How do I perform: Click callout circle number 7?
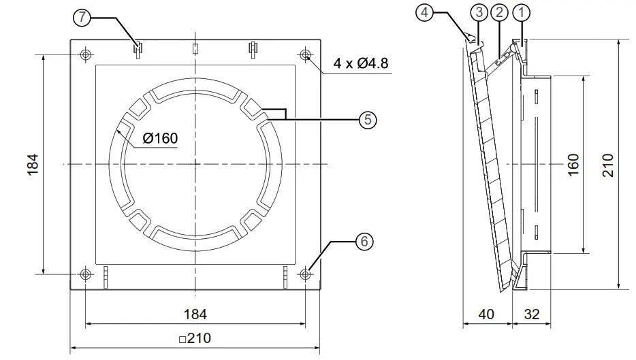(x=82, y=18)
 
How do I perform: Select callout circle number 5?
(x=366, y=120)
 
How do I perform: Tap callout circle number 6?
(x=365, y=241)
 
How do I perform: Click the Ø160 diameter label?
(x=160, y=139)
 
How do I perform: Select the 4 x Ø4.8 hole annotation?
(x=361, y=65)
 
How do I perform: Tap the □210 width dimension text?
(x=195, y=338)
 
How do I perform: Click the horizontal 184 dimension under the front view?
(x=195, y=314)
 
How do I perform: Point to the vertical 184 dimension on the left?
(x=33, y=164)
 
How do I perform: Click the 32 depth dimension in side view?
(x=532, y=314)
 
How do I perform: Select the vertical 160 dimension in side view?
(x=574, y=164)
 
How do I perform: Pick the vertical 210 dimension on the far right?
(x=608, y=164)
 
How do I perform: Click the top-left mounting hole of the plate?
(x=85, y=54)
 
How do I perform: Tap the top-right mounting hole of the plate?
(x=305, y=54)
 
